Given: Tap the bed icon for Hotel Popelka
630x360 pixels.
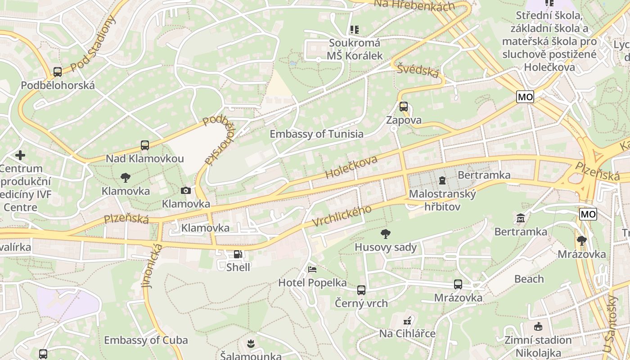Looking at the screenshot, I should click(312, 270).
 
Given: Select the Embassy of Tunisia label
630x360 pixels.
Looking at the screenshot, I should click(316, 134).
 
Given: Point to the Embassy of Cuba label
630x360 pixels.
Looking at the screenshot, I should click(146, 340).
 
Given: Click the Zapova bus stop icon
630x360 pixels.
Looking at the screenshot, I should click(404, 107).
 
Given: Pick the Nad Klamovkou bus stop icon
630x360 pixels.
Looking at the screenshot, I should click(144, 145).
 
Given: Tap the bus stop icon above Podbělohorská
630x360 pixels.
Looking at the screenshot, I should click(58, 72).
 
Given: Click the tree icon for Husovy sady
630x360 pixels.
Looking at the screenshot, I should click(385, 234).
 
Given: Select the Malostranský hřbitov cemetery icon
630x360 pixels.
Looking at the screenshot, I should click(442, 180).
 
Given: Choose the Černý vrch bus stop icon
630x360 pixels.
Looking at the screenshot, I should click(361, 290).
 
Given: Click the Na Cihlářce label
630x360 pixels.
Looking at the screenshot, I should click(407, 333).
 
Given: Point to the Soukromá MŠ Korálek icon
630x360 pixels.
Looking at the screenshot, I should click(355, 30).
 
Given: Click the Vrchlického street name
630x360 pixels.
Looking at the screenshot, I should click(342, 216).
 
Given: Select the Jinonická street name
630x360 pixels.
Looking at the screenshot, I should click(152, 265).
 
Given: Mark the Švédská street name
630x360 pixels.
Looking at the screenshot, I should click(418, 71).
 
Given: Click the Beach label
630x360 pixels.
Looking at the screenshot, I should click(529, 279).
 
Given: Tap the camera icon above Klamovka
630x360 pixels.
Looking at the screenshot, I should click(185, 191).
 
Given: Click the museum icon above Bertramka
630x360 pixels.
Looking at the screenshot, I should click(521, 218).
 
